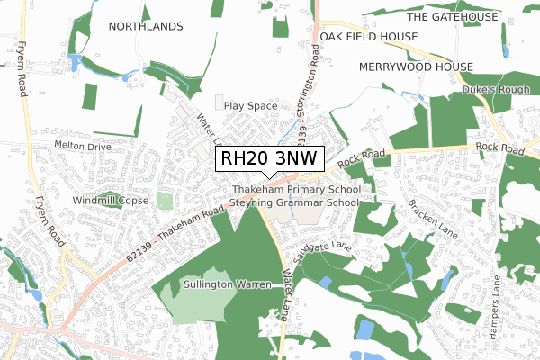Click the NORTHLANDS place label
145,27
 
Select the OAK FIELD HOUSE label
369,36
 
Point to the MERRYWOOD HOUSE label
415,67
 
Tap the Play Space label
251,105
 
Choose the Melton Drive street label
82,145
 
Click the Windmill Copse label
111,200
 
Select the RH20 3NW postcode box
269,158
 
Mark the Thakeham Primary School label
296,190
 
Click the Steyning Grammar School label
294,203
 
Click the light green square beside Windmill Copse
164,200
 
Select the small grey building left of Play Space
220,102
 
